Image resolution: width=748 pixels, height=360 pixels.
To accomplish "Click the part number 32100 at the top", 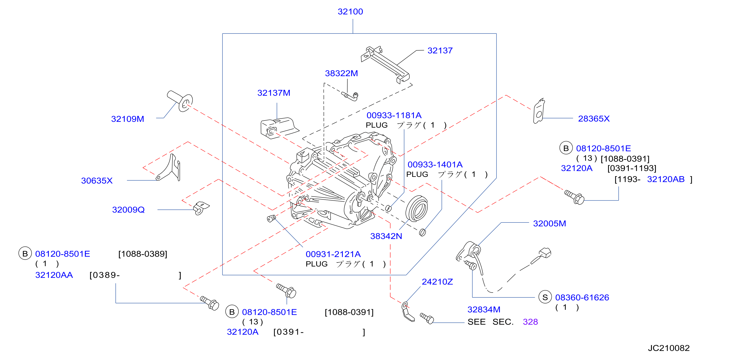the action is click(x=350, y=12).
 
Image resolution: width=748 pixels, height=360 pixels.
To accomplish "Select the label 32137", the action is click(x=440, y=50).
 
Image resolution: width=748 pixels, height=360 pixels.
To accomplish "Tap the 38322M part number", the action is click(x=341, y=73).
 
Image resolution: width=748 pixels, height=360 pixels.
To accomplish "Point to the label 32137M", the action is click(x=274, y=93).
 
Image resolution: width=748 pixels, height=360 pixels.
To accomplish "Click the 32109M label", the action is click(x=128, y=119).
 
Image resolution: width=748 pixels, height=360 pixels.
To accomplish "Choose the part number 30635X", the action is click(x=97, y=180).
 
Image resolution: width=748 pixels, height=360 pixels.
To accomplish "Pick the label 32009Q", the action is click(x=128, y=210).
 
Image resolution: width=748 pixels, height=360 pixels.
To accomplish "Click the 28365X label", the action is click(x=594, y=119).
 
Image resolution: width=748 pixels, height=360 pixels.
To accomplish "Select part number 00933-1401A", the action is click(x=435, y=165).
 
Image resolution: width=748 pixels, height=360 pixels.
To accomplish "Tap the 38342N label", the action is click(x=386, y=236).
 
